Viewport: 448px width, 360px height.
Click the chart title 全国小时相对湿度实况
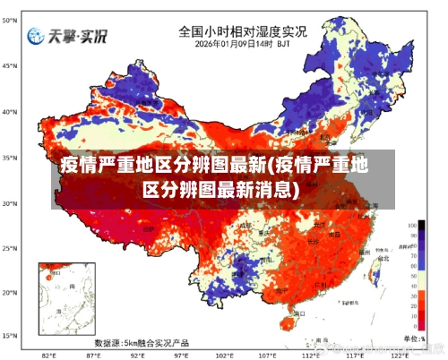(x=242, y=30)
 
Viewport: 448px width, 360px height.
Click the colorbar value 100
(x=410, y=225)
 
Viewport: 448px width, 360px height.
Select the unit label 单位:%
(x=414, y=338)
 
